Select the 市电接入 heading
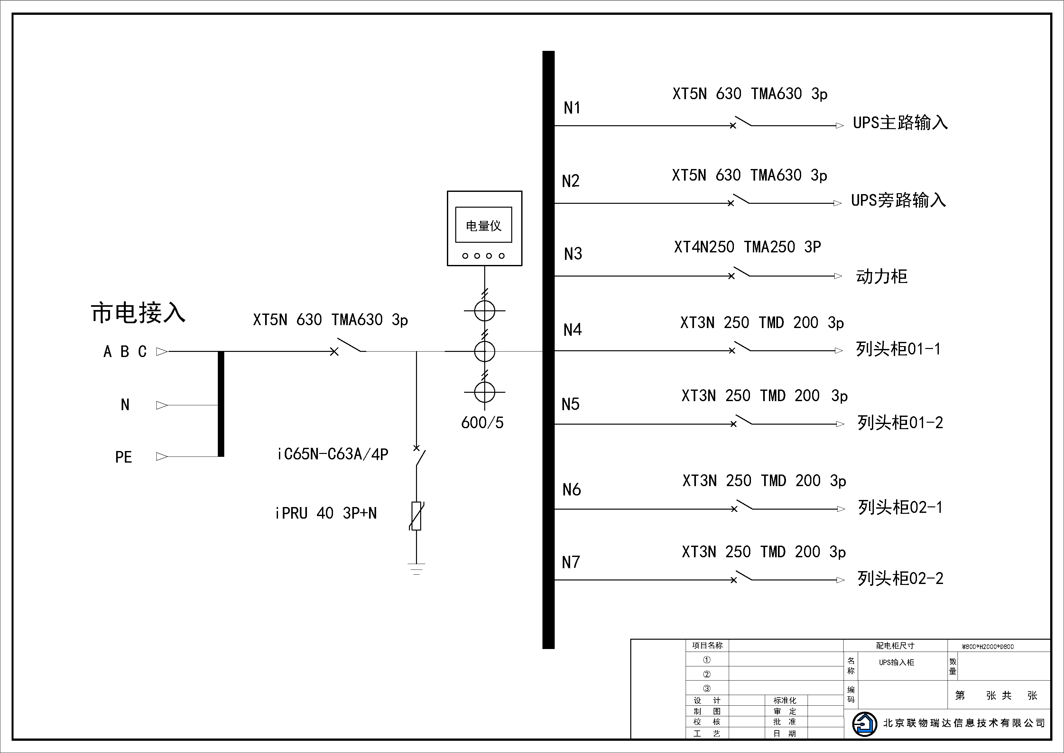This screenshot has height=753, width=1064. click(138, 313)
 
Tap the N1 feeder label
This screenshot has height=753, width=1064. click(572, 108)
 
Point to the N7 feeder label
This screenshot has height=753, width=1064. click(570, 562)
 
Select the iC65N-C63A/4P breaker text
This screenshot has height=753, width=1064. click(333, 454)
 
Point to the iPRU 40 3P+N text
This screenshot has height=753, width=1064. click(326, 513)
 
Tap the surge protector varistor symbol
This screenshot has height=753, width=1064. click(417, 516)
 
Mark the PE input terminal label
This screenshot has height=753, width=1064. click(123, 457)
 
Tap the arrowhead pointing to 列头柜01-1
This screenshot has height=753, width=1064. click(838, 351)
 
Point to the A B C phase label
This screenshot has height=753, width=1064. click(125, 352)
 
